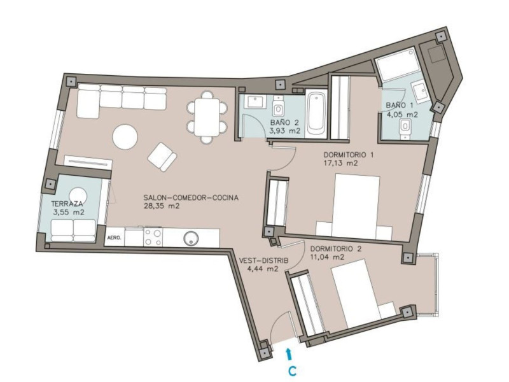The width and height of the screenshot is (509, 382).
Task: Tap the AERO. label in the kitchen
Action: tap(115, 237)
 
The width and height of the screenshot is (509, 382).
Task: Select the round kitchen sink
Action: tap(191, 237)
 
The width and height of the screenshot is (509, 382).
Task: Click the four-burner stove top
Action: tap(153, 237)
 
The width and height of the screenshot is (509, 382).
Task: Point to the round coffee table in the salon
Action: tap(125, 137)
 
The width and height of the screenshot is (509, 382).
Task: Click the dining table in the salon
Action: tap(207, 117)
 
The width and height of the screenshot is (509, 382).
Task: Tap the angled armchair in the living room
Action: tap(162, 157)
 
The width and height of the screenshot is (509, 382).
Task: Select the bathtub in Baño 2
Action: tap(316, 114)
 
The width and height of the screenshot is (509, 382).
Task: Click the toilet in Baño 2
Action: tap(278, 106)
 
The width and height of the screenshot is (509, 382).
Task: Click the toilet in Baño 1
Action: tap(405, 129)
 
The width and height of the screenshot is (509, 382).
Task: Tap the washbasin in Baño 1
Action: tap(419, 90)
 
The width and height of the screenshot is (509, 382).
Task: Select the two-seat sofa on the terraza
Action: tap(73, 230)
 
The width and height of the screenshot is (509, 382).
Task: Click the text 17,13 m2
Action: tap(341, 163)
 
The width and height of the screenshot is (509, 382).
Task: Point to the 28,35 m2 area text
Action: tap(162, 206)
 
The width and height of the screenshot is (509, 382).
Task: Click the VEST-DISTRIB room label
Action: tap(263, 260)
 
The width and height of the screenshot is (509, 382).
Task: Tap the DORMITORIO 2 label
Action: tap(336, 249)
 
